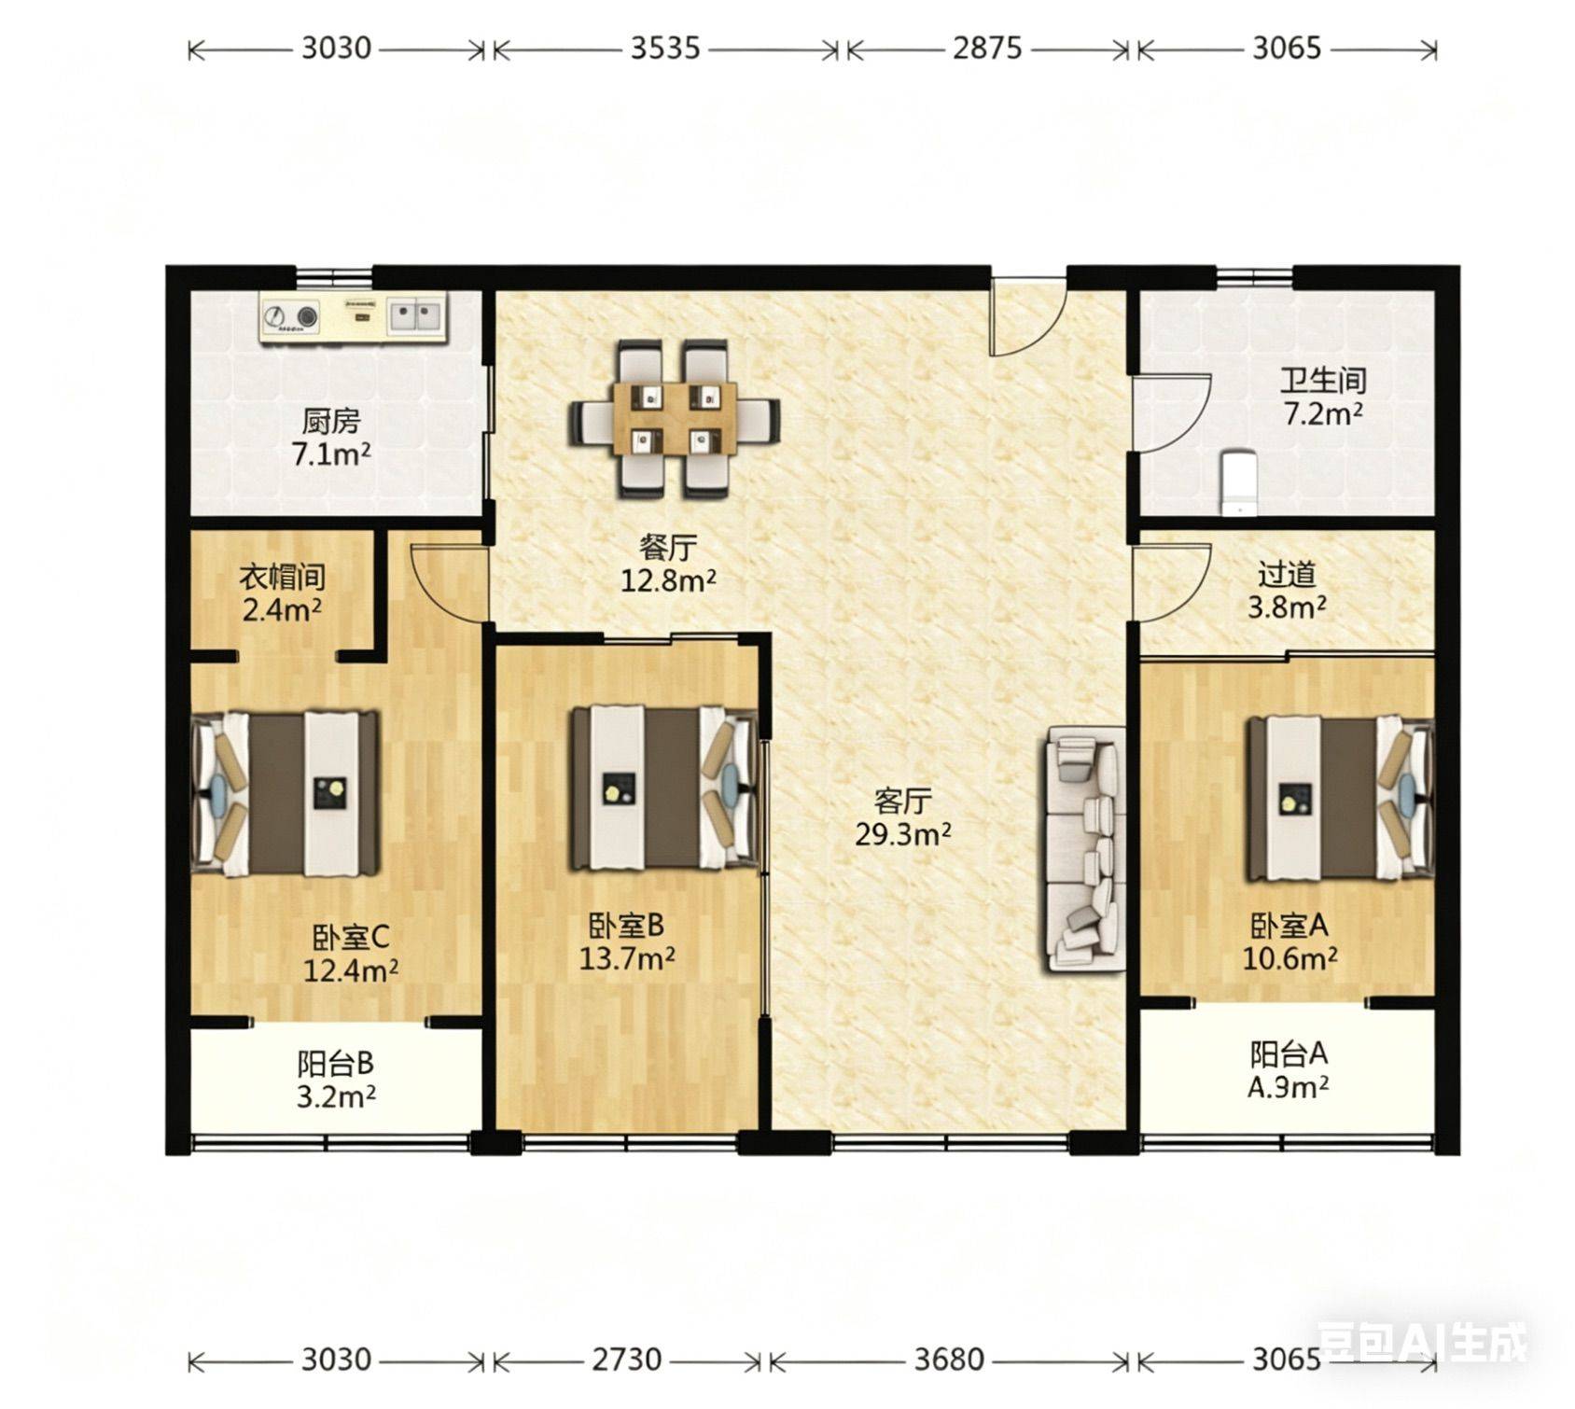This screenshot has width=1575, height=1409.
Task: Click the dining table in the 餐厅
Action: pyautogui.click(x=676, y=419)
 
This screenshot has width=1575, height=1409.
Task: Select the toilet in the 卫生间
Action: pyautogui.click(x=1238, y=482)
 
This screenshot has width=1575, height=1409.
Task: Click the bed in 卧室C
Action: pyautogui.click(x=286, y=793)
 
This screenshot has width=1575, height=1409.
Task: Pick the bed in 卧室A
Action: pyautogui.click(x=1340, y=799)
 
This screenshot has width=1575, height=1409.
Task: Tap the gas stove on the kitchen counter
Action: pyautogui.click(x=290, y=317)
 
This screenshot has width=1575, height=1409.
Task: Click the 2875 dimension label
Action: pyautogui.click(x=987, y=48)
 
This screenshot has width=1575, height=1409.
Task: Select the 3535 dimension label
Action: pyautogui.click(x=665, y=48)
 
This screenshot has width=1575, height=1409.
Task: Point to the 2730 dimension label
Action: pyautogui.click(x=627, y=1360)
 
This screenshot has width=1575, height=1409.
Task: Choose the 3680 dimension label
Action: pyautogui.click(x=949, y=1360)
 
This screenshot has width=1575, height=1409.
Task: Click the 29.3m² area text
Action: pyautogui.click(x=903, y=834)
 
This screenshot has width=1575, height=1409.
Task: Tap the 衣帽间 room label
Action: pyautogui.click(x=282, y=577)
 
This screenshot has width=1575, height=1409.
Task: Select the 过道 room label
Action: pyautogui.click(x=1287, y=574)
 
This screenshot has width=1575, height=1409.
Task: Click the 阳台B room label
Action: pyautogui.click(x=336, y=1063)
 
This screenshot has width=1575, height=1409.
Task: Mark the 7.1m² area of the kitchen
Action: pyautogui.click(x=331, y=454)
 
